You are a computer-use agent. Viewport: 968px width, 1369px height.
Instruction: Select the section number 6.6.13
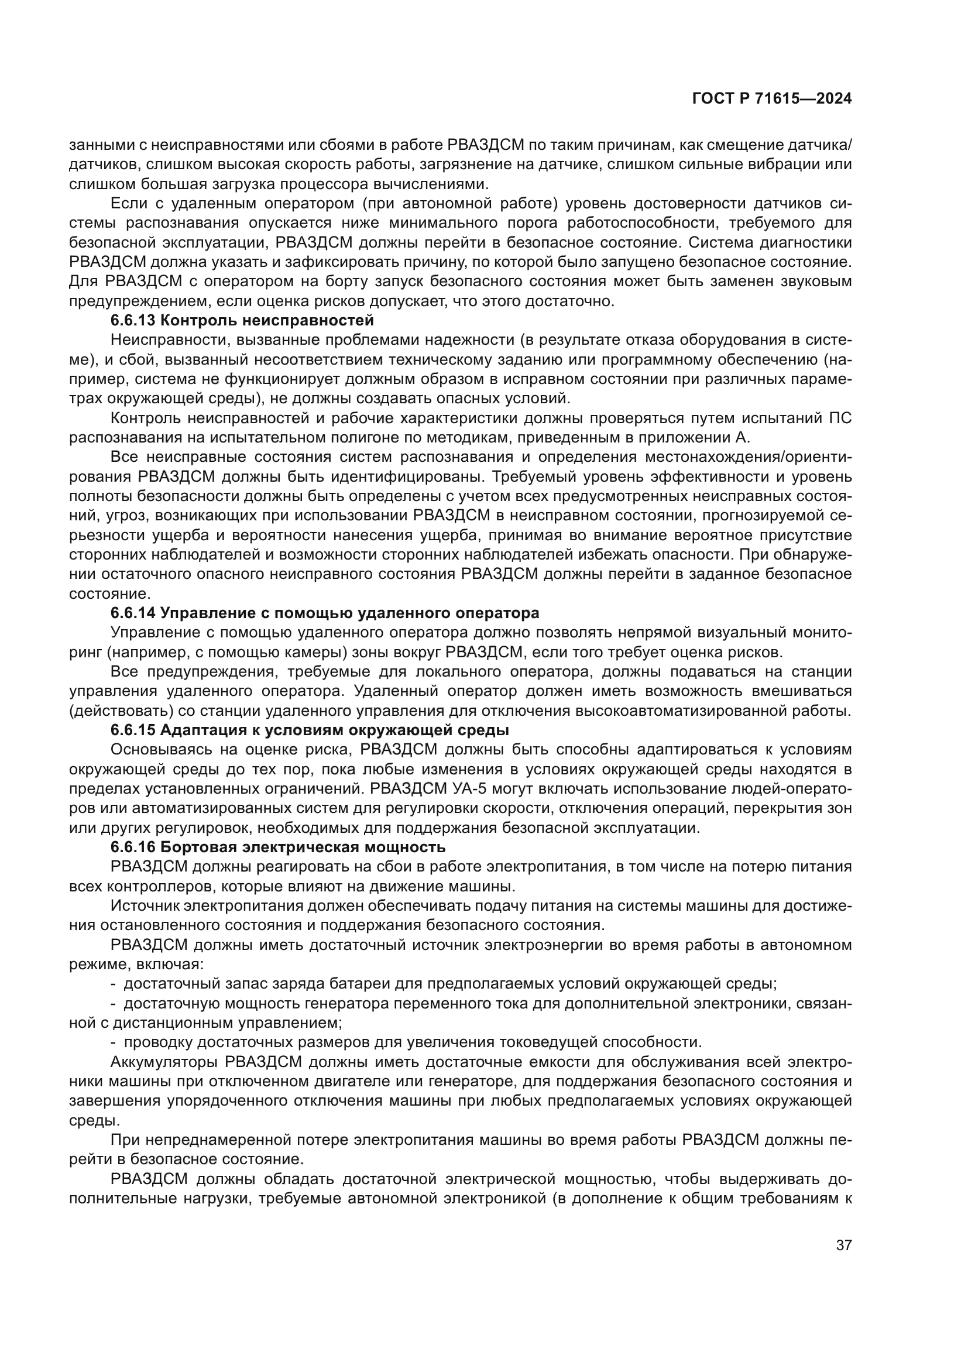click(x=133, y=321)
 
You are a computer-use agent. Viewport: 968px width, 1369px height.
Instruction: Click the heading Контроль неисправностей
click(x=267, y=321)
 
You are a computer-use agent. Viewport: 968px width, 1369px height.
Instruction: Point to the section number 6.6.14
click(x=133, y=613)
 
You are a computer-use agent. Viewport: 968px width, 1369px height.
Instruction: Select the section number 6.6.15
click(x=133, y=730)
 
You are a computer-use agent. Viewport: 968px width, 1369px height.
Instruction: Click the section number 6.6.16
click(x=133, y=848)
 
